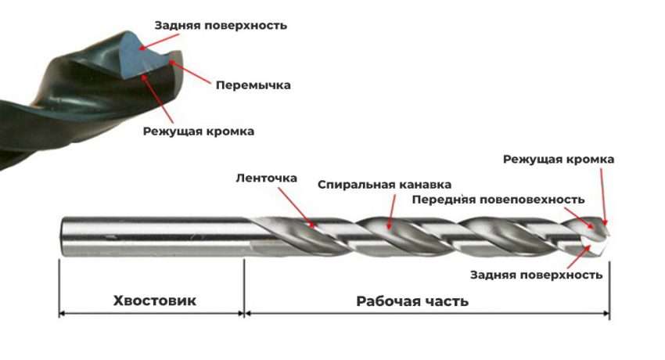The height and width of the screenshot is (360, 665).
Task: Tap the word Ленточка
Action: pyautogui.click(x=266, y=178)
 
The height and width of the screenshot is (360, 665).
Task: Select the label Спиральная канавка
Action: pyautogui.click(x=384, y=185)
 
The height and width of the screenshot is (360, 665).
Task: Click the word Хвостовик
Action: pyautogui.click(x=154, y=301)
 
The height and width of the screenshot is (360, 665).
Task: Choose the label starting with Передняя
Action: pyautogui.click(x=498, y=199)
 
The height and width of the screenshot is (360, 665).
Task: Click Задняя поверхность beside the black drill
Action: pyautogui.click(x=221, y=25)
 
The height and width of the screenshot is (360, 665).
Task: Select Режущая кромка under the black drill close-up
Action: pyautogui.click(x=198, y=131)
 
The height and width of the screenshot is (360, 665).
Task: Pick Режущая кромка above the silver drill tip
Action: pyautogui.click(x=558, y=159)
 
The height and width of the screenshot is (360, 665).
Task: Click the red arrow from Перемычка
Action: pyautogui.click(x=188, y=71)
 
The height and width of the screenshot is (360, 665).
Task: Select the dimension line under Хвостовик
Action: pyautogui.click(x=153, y=314)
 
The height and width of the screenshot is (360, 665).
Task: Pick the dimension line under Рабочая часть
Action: pyautogui.click(x=427, y=314)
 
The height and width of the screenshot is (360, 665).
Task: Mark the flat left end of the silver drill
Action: pyautogui.click(x=62, y=235)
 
